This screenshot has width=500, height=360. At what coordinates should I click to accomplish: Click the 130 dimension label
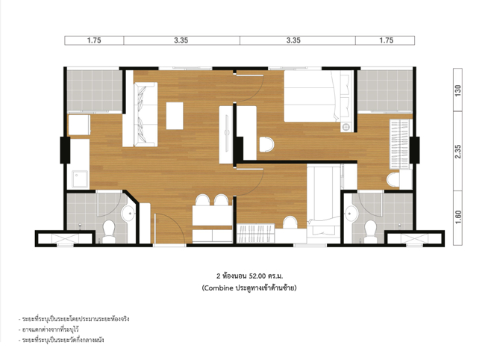(x=458, y=91)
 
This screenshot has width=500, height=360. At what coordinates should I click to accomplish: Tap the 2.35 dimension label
(x=458, y=152)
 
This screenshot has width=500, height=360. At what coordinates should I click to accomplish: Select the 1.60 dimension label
(x=458, y=217)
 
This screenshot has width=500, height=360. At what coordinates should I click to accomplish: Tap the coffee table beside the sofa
(x=175, y=116)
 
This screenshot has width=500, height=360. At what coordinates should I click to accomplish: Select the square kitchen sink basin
(x=80, y=179)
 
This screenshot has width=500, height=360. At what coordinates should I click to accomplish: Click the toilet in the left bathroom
(x=109, y=231)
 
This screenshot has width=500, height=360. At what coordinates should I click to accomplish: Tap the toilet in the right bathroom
(x=370, y=231)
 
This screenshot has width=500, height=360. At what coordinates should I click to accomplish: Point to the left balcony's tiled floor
(x=95, y=90)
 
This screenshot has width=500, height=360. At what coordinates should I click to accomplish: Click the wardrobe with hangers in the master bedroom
(x=399, y=144)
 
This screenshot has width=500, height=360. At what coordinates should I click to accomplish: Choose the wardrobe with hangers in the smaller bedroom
(x=256, y=233)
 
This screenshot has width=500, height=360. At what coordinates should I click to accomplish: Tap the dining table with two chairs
(x=213, y=215)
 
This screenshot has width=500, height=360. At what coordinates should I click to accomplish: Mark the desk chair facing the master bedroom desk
(x=266, y=145)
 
